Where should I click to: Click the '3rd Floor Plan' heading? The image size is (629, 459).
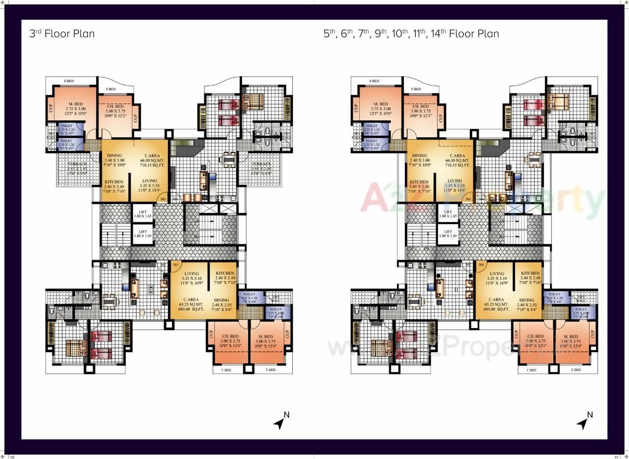pyautogui.click(x=62, y=33)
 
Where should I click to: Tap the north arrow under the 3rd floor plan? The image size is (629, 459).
pyautogui.click(x=281, y=422)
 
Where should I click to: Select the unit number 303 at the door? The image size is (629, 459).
pyautogui.click(x=163, y=199)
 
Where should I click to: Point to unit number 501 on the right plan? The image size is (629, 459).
pyautogui.click(x=481, y=265)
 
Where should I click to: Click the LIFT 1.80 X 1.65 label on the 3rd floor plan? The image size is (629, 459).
pyautogui.click(x=143, y=214)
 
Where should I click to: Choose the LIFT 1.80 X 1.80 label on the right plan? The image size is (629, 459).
pyautogui.click(x=448, y=233)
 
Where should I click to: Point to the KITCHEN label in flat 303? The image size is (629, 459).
pyautogui.click(x=114, y=186)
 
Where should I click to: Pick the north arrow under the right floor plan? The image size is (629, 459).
pyautogui.click(x=585, y=422)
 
